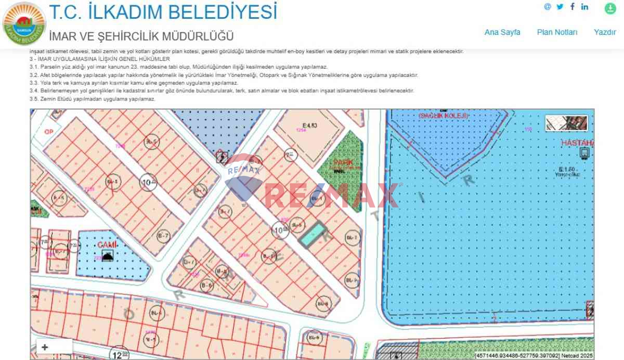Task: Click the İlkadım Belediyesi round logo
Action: pos(24,23)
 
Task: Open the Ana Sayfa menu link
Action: pos(502,32)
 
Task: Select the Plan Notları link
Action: pos(557,32)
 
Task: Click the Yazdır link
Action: pos(605,32)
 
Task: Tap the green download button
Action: pos(610,8)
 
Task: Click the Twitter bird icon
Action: pos(560,7)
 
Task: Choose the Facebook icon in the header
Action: pos(573,7)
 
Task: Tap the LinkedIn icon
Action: pos(585,7)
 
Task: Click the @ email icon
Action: pos(547,7)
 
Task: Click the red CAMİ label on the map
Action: pos(107,245)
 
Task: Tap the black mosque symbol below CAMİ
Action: pos(107,255)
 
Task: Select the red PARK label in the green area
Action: pos(340,162)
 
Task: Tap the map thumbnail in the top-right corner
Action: pos(566,123)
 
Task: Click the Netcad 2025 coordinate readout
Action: pos(534,356)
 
